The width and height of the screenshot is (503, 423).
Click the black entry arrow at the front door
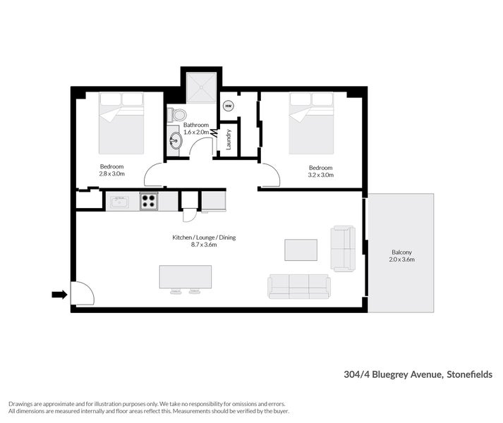59,295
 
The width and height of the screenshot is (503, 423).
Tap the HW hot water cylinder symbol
228,106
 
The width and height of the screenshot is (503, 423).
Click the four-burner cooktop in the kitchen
149,201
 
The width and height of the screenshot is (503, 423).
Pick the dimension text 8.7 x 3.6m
204,245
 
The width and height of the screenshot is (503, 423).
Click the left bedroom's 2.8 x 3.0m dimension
111,174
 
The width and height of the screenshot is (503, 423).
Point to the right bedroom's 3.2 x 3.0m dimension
320,175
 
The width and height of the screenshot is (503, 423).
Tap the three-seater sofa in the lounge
298,286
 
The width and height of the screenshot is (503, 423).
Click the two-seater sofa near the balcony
344,248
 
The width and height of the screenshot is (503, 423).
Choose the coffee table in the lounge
301,250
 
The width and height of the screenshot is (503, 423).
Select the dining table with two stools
186,277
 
